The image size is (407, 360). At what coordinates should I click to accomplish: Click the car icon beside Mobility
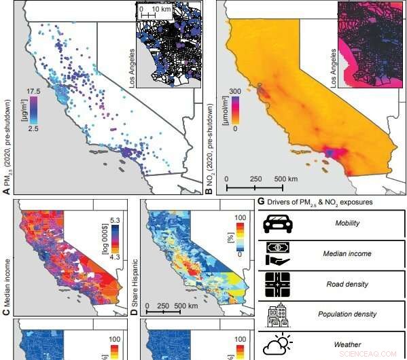[279, 223]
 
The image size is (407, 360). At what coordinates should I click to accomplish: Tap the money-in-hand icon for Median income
[279, 253]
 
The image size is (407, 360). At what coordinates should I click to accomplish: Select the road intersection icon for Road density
[279, 285]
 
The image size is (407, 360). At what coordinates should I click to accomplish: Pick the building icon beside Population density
[279, 315]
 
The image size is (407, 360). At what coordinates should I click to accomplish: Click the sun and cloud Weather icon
[279, 344]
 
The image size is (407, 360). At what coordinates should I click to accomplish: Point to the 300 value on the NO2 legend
[235, 91]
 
